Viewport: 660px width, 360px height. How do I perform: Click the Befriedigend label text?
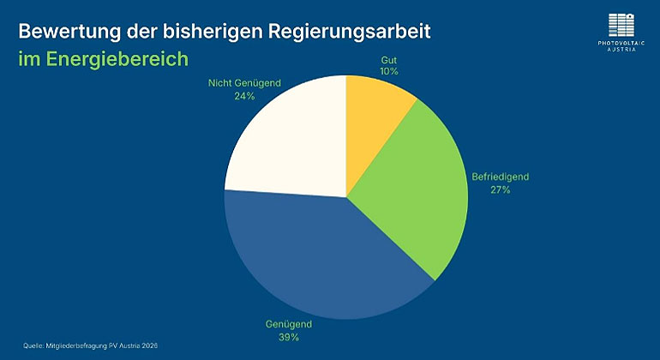(501, 177)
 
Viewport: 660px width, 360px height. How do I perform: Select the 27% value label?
(501, 189)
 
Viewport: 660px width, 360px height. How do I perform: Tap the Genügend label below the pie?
(288, 325)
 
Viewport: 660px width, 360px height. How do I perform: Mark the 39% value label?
(288, 338)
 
